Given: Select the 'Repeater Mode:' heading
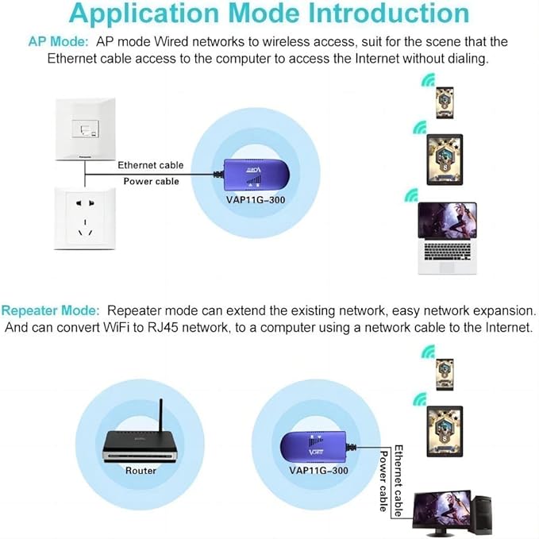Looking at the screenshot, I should [x=51, y=310].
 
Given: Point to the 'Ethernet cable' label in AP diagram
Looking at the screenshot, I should [x=150, y=165].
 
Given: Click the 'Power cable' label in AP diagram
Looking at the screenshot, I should [x=151, y=181].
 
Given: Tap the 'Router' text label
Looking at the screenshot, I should [x=141, y=470].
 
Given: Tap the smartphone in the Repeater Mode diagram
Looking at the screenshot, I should [x=445, y=372].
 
